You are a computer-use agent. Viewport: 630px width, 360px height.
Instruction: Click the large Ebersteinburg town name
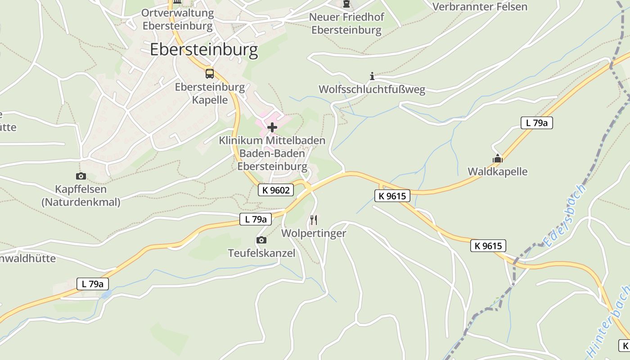pos(204,49)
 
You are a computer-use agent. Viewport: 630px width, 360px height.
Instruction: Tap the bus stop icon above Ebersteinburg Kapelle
pos(209,73)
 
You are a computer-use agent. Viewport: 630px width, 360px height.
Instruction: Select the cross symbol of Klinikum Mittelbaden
pos(272,128)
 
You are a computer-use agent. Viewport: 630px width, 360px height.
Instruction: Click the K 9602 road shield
pos(276,190)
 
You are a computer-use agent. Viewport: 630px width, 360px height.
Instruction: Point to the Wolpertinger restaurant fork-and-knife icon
pos(314,220)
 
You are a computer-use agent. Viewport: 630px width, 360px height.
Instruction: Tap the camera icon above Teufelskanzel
pos(261,240)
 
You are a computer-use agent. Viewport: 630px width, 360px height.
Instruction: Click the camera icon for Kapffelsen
pos(81,176)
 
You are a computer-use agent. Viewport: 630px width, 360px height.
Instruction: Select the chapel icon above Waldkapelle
pos(497,158)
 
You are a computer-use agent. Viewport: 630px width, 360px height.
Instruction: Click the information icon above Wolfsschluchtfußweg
pos(372,76)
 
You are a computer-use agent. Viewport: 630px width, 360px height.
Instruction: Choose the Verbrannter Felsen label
pos(479,6)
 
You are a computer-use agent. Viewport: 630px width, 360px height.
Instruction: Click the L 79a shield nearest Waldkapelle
pos(536,123)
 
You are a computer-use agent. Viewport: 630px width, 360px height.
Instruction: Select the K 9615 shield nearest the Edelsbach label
pos(488,246)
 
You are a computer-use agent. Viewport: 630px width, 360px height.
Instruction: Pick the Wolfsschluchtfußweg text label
pos(372,90)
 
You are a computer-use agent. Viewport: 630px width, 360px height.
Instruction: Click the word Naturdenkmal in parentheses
pos(81,202)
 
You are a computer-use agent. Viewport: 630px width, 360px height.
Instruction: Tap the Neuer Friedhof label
pos(346,17)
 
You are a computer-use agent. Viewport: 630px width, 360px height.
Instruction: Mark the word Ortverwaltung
pos(177,13)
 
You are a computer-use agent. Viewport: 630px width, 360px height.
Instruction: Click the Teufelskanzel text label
pos(261,253)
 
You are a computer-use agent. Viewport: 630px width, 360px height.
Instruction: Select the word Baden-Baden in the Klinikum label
pos(272,153)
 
